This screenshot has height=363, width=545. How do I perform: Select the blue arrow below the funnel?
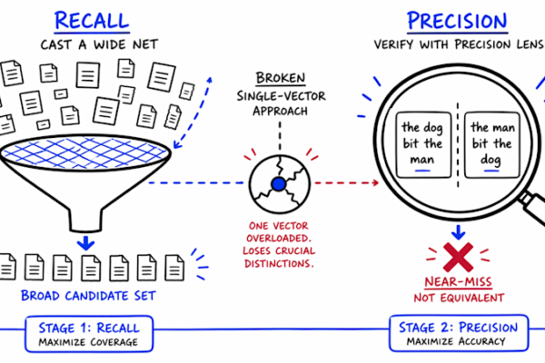[x=84, y=241]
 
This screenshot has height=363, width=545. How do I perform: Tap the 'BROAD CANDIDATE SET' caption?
[x=89, y=297]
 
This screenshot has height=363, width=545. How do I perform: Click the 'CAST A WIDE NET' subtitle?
[x=88, y=46]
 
